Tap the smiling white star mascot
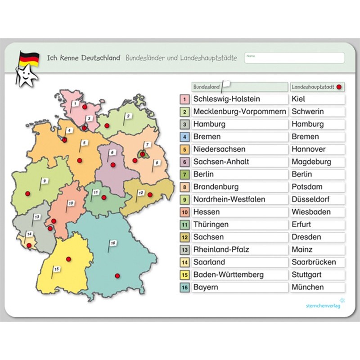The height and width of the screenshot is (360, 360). [x=27, y=76]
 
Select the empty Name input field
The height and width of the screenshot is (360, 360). [x=295, y=58]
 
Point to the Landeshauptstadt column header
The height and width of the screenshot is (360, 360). [x=317, y=86]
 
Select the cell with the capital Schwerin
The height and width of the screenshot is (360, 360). [x=317, y=112]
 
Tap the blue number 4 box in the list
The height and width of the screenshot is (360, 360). [x=184, y=137]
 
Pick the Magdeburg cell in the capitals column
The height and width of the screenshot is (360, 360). [x=317, y=162]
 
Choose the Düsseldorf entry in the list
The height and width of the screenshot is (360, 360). [x=317, y=199]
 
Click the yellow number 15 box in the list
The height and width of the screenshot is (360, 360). [x=184, y=275]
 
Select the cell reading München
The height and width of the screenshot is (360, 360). [x=317, y=287]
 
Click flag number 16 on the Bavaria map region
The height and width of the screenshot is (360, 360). [x=112, y=243]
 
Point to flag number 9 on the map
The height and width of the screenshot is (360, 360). [x=45, y=181]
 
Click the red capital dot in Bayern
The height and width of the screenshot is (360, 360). [x=117, y=275]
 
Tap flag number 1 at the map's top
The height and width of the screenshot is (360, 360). [x=76, y=103]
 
